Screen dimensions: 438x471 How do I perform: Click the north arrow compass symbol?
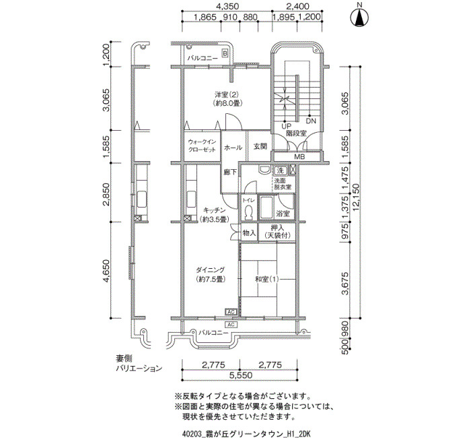360,16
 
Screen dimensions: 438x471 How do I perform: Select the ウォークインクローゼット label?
201,146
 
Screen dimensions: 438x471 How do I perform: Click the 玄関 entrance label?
260,147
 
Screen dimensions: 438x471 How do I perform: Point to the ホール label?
233,147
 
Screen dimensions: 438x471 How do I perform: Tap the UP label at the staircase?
285,126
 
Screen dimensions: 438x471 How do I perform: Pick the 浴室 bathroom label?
283,214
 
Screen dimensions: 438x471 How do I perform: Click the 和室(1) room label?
266,279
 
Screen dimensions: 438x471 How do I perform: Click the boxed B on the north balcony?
225,53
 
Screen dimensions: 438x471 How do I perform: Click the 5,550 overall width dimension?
240,375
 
